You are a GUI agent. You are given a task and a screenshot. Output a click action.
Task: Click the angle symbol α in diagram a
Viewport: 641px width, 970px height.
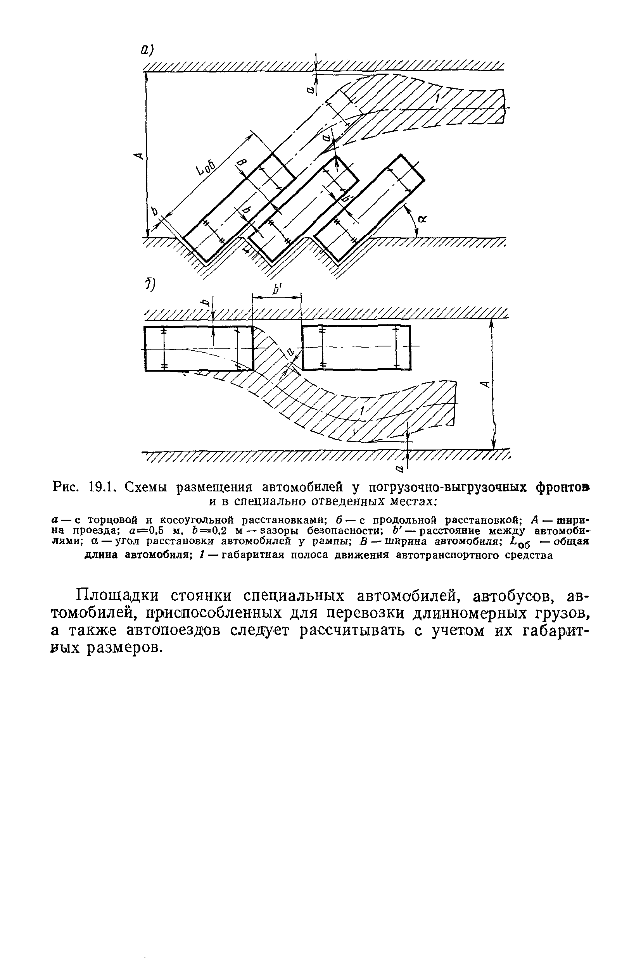(422, 219)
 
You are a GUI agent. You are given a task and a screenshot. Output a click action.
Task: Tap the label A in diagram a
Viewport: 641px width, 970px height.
(139, 155)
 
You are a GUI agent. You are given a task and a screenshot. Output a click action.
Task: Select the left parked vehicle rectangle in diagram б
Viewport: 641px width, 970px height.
(199, 348)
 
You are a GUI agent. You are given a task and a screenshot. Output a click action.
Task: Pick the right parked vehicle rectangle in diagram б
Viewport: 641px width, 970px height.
(356, 347)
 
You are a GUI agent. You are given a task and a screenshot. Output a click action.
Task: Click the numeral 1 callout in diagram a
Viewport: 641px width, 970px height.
(438, 98)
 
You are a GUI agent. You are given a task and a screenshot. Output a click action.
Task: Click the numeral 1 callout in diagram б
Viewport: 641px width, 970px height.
(362, 412)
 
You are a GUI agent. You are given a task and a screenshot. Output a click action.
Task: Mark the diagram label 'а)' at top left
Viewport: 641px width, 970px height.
(147, 50)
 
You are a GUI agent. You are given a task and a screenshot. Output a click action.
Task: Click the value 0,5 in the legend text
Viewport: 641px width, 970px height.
(157, 531)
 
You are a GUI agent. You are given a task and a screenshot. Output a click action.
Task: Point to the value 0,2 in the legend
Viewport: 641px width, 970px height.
(219, 531)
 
